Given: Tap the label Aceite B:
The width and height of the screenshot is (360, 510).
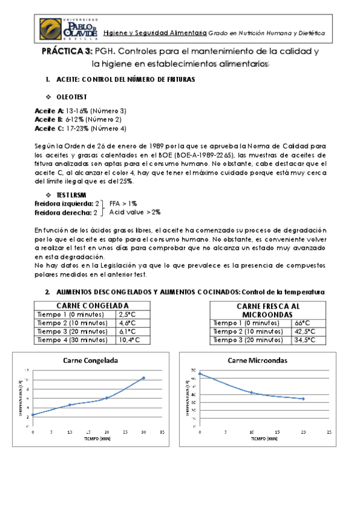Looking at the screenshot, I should coord(49,119).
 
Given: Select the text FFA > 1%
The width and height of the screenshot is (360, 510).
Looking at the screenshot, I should coord(123,204).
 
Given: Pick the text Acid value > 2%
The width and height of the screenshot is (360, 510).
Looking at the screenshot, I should coord(135,212).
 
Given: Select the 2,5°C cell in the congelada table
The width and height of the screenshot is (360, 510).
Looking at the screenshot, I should coord(127,314).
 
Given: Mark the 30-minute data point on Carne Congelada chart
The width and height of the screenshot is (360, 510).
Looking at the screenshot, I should coord(144,378).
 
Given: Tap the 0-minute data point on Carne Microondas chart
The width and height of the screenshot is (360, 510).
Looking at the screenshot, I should coord(200,374).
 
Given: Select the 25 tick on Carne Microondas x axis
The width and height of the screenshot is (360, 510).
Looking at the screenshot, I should coord(329,432).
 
